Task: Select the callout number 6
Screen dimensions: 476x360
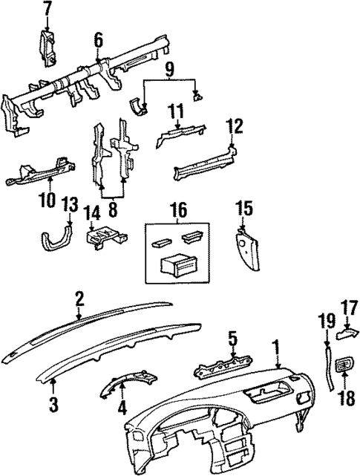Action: (98, 40)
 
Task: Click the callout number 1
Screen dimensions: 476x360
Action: (276, 347)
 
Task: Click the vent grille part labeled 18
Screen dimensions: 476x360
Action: (345, 365)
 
